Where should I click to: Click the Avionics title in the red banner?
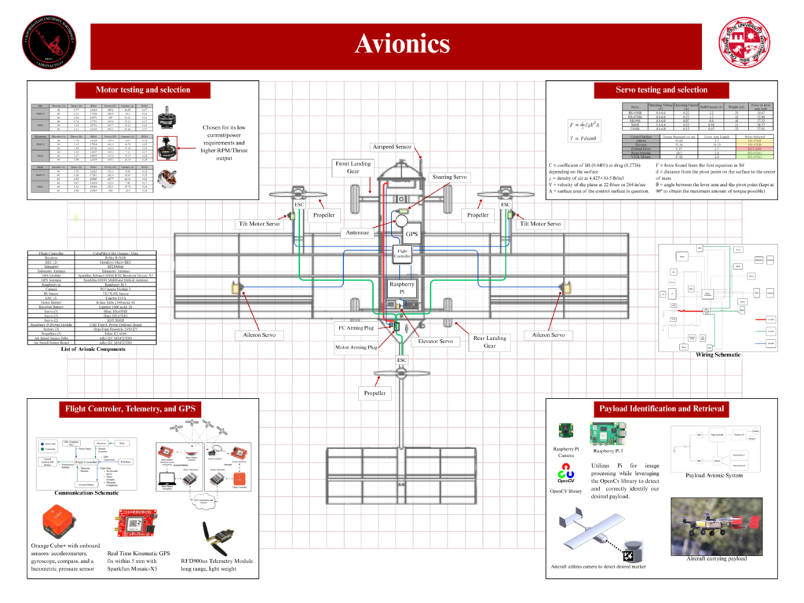click(402, 44)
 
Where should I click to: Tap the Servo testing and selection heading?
click(661, 90)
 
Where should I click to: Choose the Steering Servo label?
click(450, 177)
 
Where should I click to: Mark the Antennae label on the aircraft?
click(364, 233)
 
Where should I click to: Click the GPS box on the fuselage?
click(411, 234)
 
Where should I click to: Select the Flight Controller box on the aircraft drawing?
click(402, 253)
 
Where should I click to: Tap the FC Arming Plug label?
click(356, 327)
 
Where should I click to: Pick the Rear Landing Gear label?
click(490, 342)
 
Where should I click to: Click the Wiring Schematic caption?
click(718, 354)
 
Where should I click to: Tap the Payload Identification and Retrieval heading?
click(661, 408)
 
